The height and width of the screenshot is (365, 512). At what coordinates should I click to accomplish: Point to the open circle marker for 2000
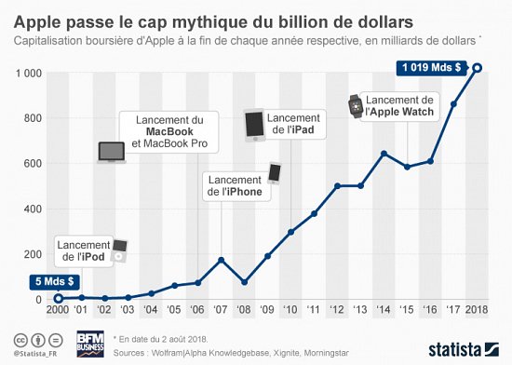click(x=58, y=298)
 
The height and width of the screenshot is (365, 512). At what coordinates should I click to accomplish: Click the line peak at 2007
click(x=221, y=260)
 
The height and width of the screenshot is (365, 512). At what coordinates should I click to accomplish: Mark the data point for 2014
click(x=384, y=153)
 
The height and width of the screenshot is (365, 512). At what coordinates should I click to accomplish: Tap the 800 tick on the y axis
click(x=32, y=117)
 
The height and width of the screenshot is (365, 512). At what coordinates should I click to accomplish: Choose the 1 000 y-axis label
click(x=27, y=73)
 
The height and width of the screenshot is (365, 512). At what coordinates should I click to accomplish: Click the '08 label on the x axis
click(x=244, y=312)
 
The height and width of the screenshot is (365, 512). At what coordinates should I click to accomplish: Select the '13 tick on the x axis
click(x=360, y=312)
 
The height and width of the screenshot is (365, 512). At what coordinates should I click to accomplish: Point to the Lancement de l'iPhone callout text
click(x=235, y=186)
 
